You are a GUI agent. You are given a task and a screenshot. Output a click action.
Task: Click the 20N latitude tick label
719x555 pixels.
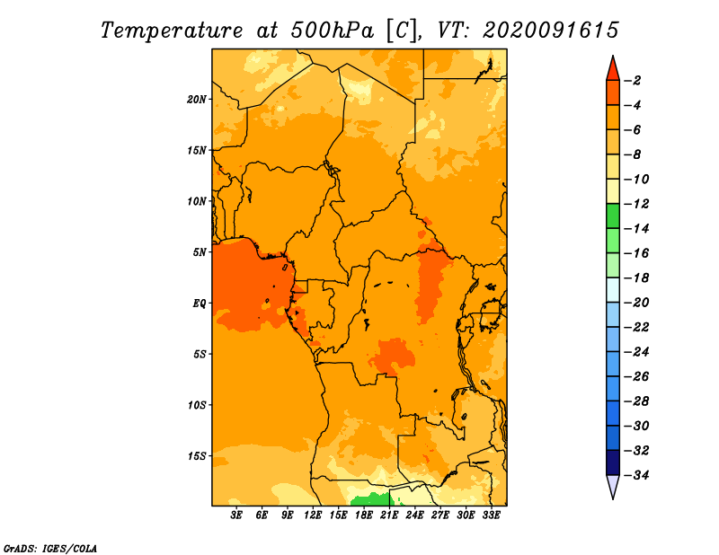(197, 100)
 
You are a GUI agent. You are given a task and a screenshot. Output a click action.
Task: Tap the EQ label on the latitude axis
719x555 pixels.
(200, 304)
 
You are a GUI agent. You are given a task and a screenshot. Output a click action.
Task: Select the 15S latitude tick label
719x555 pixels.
(197, 456)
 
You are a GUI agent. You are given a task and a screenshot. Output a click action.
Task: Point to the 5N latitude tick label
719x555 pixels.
(200, 252)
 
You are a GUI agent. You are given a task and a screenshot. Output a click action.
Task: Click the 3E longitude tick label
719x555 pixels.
(236, 515)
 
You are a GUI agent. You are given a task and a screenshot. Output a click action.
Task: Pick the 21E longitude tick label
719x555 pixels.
(389, 515)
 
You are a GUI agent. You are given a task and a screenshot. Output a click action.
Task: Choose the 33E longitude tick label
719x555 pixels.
(491, 515)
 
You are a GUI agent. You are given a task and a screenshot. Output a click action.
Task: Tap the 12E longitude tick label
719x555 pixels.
(313, 515)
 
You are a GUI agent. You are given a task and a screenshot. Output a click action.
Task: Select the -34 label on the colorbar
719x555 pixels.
(637, 475)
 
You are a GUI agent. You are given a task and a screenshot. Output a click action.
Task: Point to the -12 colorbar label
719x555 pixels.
(637, 204)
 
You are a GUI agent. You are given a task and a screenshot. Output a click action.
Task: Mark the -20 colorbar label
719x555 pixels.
(637, 303)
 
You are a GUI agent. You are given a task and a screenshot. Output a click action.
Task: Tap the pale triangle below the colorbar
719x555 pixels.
(613, 486)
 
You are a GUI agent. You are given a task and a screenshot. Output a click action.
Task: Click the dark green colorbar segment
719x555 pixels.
(613, 216)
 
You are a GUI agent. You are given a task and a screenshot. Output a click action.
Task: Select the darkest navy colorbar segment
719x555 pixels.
(613, 462)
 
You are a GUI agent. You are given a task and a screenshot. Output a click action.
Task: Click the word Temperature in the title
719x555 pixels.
(172, 31)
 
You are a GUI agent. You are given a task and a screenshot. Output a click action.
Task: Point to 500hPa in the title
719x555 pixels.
(333, 31)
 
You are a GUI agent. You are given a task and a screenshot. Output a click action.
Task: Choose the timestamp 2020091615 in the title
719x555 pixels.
(551, 31)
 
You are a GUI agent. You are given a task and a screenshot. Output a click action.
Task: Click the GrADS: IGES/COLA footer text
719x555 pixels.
(50, 549)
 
